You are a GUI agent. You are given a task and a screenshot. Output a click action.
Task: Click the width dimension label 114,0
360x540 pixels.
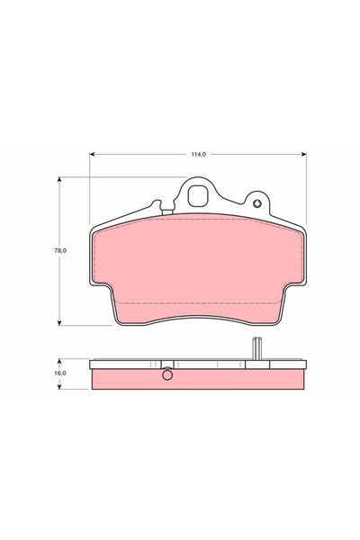(198, 154)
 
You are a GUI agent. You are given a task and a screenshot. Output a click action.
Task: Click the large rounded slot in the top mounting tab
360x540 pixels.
(201, 194)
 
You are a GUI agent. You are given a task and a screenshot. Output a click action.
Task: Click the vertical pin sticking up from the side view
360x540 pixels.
(256, 348)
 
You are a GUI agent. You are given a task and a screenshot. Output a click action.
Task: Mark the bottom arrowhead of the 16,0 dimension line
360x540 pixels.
(61, 389)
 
